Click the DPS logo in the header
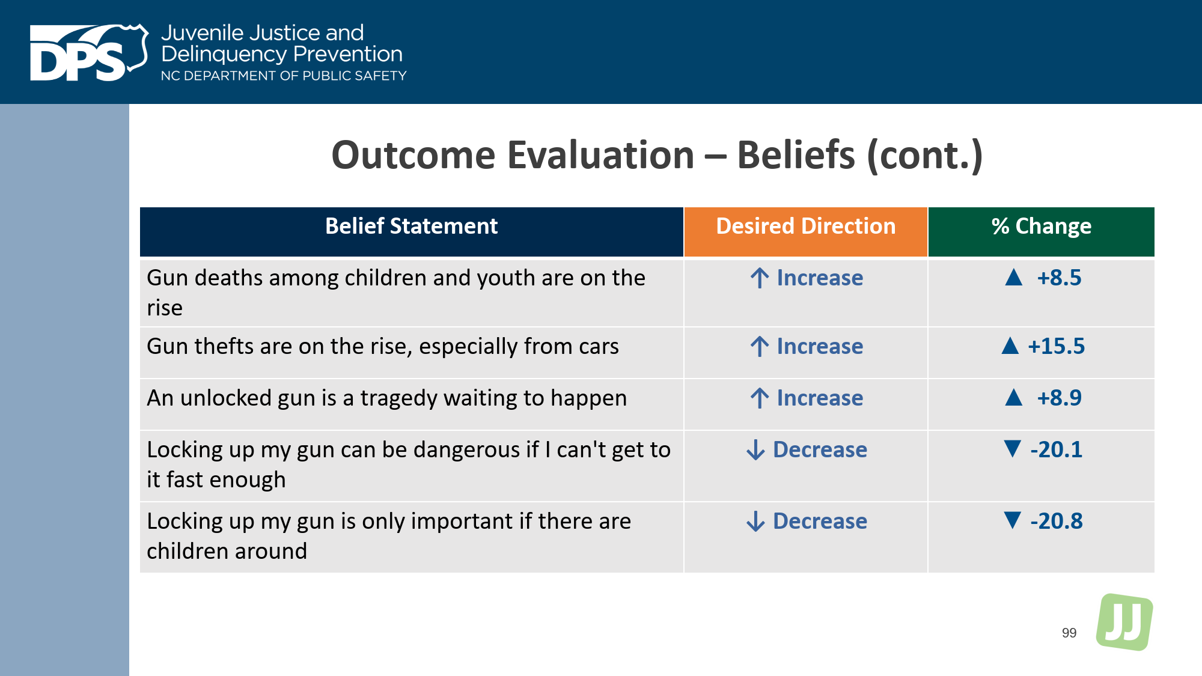point(89,52)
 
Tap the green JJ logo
point(1124,622)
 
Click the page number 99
point(1069,633)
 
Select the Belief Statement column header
point(412,227)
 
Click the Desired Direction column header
point(806,227)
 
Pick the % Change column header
point(1042,227)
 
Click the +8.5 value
point(1059,278)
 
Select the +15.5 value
point(1057,346)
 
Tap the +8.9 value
point(1059,398)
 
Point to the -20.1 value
point(1057,449)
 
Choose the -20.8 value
point(1057,521)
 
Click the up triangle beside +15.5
point(1010,346)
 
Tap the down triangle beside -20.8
point(1013,520)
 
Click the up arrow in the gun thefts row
point(760,346)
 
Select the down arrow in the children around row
point(755,521)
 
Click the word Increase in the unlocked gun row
point(820,398)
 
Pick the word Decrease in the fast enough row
point(820,449)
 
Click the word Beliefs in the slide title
point(796,155)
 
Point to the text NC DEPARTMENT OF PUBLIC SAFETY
point(284,76)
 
